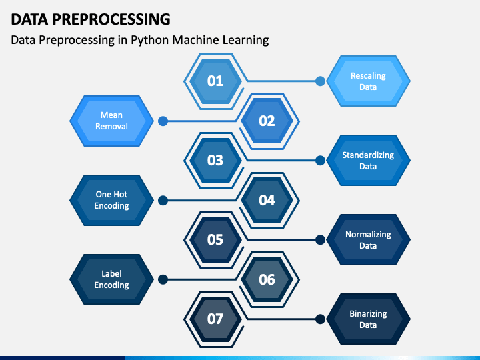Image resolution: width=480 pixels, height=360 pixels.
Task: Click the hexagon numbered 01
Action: pos(215,81)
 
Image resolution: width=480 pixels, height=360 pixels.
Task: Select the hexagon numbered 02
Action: pos(267,121)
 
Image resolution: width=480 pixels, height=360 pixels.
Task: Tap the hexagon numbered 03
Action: pos(215,161)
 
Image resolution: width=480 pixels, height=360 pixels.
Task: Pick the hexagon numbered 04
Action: pos(267,200)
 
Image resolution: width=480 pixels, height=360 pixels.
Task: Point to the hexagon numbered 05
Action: pos(215,240)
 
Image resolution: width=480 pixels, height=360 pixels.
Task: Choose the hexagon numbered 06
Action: pos(267,279)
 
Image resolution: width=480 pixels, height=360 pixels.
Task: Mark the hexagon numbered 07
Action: pos(215,319)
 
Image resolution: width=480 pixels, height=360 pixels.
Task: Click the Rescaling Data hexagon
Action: pos(368,81)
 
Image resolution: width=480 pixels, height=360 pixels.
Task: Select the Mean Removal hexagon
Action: pos(112,121)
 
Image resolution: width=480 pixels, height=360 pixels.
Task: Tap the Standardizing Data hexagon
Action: pos(368,161)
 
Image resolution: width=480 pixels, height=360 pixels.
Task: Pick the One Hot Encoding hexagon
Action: pos(112,200)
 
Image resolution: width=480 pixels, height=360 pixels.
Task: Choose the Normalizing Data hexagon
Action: pos(368,240)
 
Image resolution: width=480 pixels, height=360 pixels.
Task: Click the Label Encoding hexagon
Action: pos(112,279)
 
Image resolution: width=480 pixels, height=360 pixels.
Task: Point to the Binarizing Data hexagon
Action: pos(368,319)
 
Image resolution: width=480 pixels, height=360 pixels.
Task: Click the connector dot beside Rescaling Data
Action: pos(320,81)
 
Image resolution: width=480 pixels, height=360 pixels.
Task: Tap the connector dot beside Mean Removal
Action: pos(163,121)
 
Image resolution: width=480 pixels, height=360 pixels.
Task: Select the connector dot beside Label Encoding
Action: pos(163,279)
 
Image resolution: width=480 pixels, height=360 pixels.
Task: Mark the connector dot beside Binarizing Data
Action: pos(320,319)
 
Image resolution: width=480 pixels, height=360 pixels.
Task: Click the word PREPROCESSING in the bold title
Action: pos(111,19)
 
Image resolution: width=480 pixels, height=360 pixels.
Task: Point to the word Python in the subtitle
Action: pos(150,41)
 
